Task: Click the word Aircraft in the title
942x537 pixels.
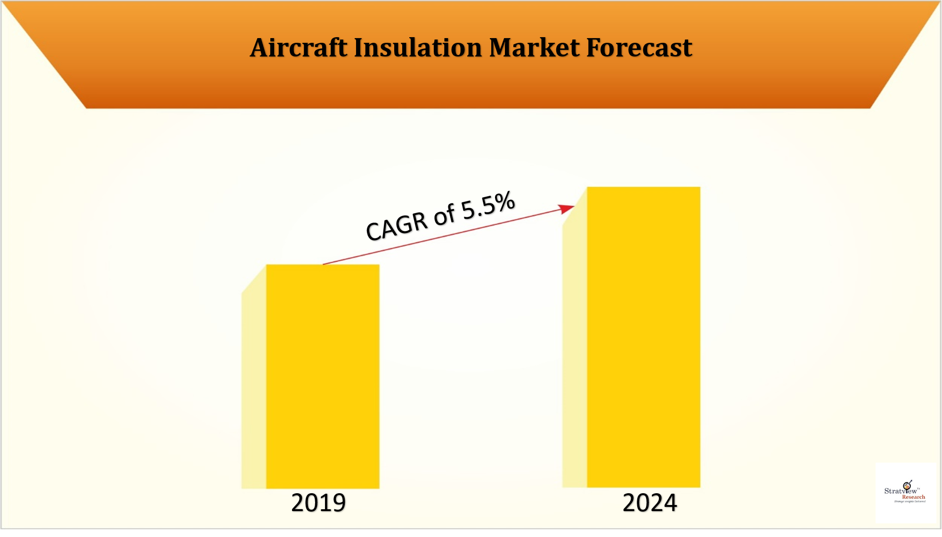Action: click(x=299, y=48)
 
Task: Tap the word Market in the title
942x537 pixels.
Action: click(x=534, y=48)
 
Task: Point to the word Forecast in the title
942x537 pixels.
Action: click(x=639, y=48)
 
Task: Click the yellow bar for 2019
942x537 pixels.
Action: click(x=323, y=377)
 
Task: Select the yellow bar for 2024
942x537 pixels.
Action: click(x=643, y=337)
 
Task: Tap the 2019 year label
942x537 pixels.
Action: click(x=318, y=503)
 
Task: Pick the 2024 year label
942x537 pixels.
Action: click(x=650, y=503)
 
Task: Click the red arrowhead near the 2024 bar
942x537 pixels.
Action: click(x=566, y=208)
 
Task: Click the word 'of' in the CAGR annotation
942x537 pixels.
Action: click(x=445, y=216)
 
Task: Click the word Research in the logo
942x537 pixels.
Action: click(x=913, y=497)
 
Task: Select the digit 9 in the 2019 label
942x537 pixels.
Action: click(x=338, y=503)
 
